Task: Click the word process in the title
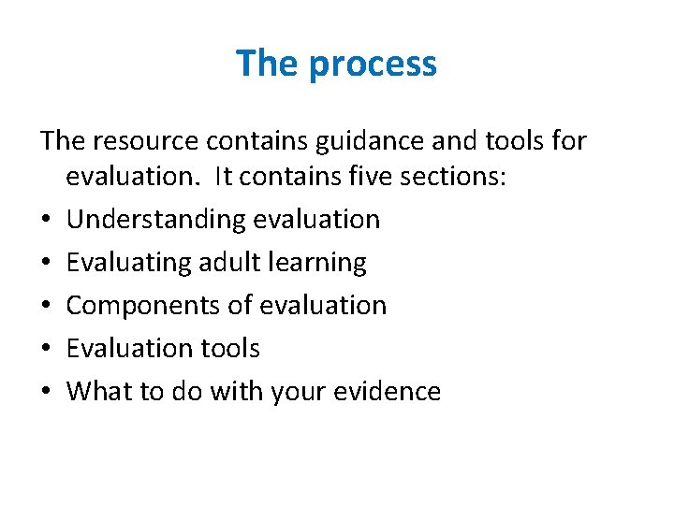click(373, 65)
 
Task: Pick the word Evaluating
click(129, 263)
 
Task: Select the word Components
click(142, 306)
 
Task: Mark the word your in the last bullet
click(295, 392)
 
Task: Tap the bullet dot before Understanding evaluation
click(47, 221)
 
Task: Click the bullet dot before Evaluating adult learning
click(47, 264)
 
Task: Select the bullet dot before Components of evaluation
click(47, 307)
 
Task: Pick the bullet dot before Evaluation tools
click(47, 350)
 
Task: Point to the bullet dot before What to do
click(47, 392)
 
